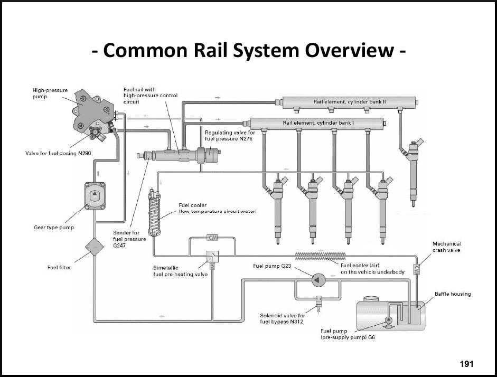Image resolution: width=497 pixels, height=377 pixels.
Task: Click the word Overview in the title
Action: point(349,51)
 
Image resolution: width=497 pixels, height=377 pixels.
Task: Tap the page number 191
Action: point(467,364)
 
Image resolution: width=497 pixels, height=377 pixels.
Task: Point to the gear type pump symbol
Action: point(95,195)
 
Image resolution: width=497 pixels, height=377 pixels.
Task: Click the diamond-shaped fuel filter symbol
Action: point(95,246)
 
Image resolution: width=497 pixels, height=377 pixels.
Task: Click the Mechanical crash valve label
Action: point(446,247)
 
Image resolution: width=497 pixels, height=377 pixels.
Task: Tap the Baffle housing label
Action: point(453,294)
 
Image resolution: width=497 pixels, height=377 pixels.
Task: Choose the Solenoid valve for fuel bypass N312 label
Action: point(282,318)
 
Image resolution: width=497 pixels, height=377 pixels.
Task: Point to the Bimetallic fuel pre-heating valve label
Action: point(180,271)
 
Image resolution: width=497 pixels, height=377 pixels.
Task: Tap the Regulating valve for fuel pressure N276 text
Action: point(230,135)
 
